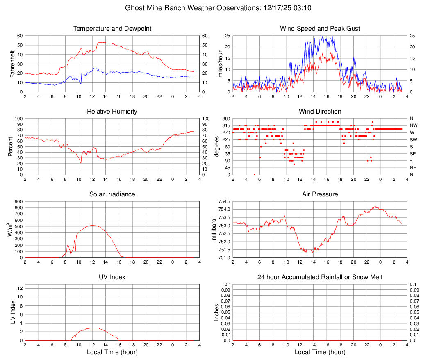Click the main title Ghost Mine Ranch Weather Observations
210,8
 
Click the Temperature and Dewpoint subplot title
112,29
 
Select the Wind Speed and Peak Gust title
320,29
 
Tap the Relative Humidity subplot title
112,112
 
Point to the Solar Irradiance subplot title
112,194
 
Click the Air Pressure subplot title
320,194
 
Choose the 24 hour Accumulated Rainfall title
320,277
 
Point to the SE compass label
413,154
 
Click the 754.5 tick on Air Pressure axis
223,201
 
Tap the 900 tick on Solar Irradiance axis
18,201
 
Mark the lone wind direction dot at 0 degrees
255,175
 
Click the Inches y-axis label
217,312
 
